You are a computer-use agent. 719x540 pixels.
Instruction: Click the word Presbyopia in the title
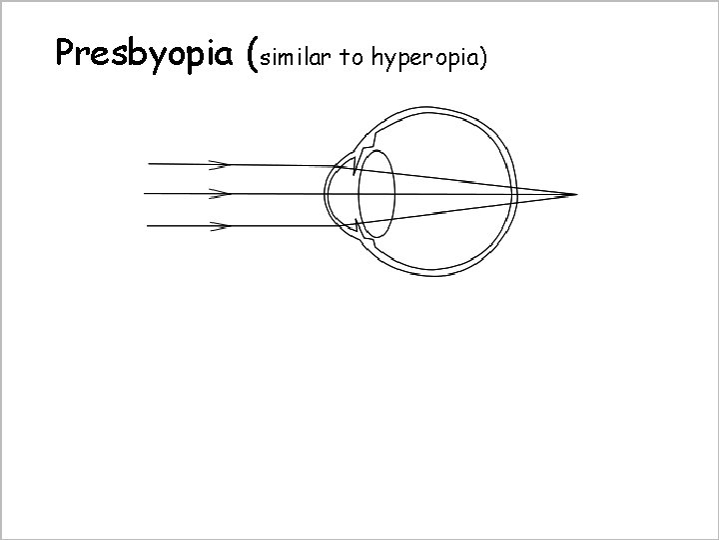click(x=148, y=52)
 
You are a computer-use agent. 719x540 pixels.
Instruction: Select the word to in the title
click(x=351, y=58)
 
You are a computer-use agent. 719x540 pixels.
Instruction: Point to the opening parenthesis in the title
click(x=252, y=55)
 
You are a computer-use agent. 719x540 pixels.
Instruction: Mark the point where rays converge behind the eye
click(x=576, y=194)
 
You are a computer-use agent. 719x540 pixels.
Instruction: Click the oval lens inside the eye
click(x=376, y=193)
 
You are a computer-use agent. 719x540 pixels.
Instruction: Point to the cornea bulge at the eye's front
click(x=329, y=193)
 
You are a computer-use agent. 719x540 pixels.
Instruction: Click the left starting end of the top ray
click(x=148, y=163)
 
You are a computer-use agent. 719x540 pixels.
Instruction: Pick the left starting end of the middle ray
click(x=146, y=193)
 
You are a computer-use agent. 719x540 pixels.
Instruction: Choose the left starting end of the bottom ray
click(x=148, y=226)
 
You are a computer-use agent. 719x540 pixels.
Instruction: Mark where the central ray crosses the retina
click(x=515, y=194)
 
